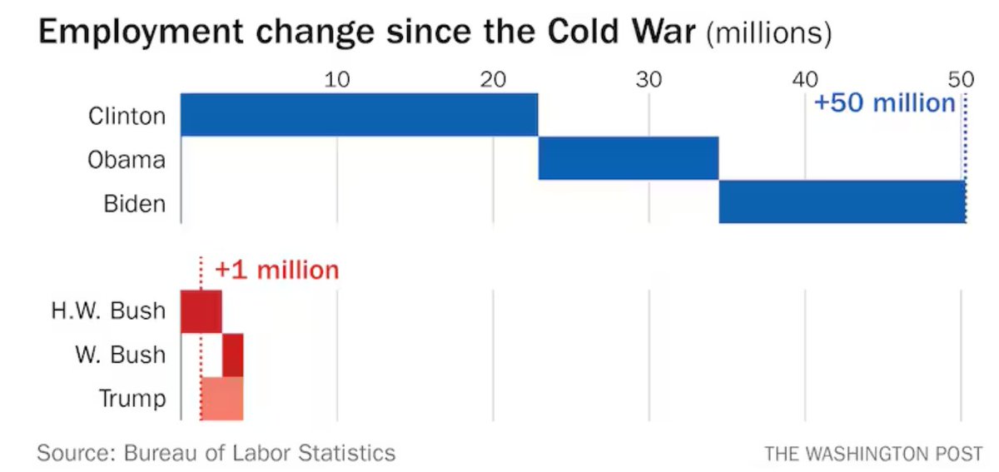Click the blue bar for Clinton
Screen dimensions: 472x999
tap(359, 115)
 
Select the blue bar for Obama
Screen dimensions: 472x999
tap(629, 158)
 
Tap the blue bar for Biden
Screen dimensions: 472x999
tap(842, 201)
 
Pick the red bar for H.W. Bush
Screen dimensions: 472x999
tap(201, 311)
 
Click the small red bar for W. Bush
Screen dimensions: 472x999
tap(232, 355)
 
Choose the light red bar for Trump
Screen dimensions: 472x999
tap(221, 398)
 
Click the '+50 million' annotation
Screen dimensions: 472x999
tap(884, 103)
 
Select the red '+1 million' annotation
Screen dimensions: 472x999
tap(276, 271)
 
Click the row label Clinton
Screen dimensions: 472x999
tap(127, 116)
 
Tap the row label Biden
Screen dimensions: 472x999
tap(135, 203)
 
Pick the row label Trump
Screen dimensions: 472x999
tap(132, 399)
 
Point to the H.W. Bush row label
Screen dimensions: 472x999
tap(107, 312)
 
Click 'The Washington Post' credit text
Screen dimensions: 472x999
tap(874, 454)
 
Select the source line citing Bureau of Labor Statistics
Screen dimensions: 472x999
tap(216, 453)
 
